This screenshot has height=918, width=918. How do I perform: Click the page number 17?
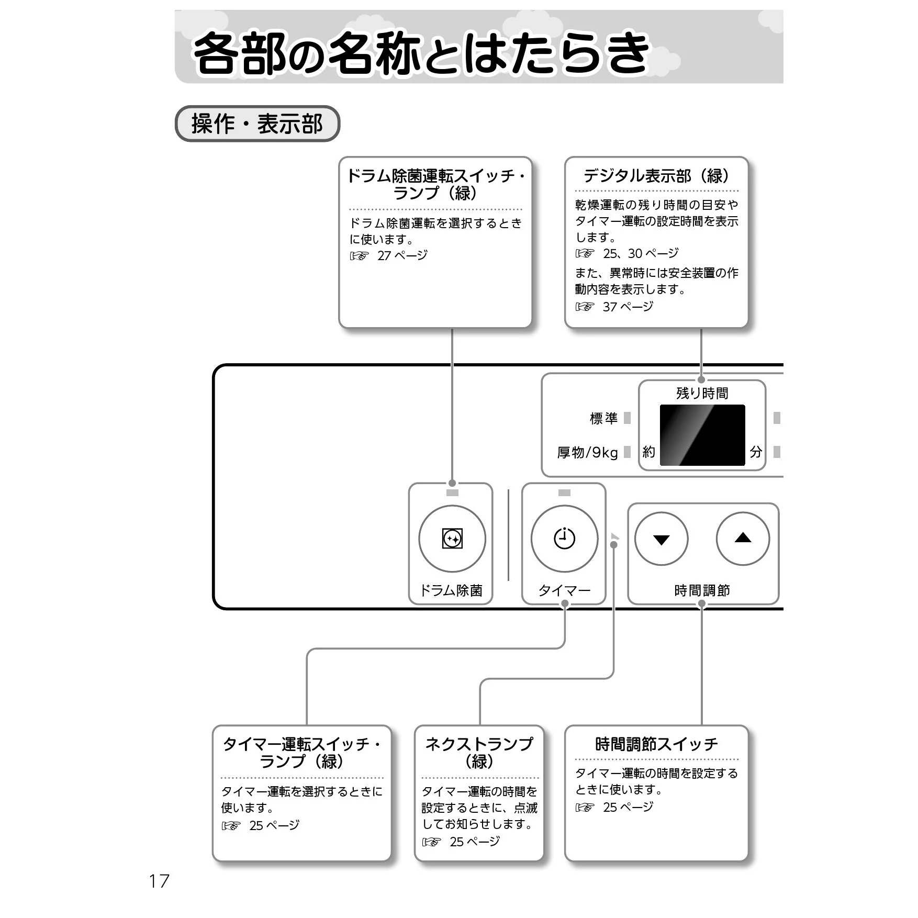159,881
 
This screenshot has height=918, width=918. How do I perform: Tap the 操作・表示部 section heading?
257,124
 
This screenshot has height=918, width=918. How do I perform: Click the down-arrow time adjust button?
661,539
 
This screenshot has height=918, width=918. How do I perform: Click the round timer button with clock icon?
564,539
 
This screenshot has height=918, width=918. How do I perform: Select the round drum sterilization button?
452,539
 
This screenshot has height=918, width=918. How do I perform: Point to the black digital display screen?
702,435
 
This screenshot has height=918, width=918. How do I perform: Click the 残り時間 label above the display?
702,393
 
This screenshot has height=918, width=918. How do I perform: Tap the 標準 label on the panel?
603,418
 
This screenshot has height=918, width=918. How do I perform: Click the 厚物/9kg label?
587,452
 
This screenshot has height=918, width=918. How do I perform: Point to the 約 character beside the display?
649,452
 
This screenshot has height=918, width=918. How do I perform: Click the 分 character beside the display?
756,452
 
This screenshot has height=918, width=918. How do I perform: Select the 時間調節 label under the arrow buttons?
702,590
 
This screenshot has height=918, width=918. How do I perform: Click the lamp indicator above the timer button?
564,492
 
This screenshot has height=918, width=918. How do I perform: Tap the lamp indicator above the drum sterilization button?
452,492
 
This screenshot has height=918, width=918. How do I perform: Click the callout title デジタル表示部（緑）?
657,176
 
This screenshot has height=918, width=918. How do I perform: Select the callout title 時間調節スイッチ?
657,744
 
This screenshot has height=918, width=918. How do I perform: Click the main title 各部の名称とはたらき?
422,53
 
